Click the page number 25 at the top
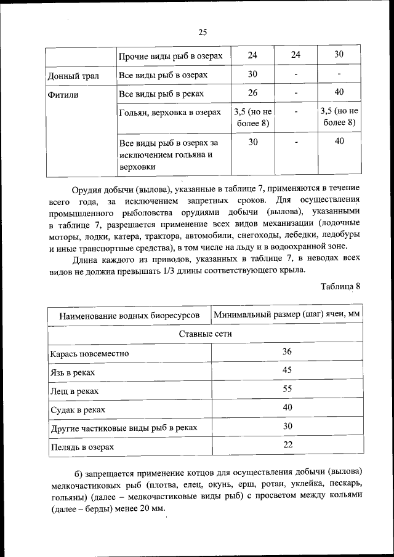tap(203, 33)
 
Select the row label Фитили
tap(65, 95)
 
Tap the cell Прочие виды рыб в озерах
tap(170, 55)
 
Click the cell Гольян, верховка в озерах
tap(169, 113)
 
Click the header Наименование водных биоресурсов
tap(129, 316)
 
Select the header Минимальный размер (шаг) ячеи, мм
tap(286, 315)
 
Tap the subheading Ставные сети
tap(205, 334)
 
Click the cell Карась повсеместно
tap(89, 354)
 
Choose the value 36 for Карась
tap(287, 351)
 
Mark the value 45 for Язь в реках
tap(287, 371)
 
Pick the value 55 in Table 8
tap(287, 389)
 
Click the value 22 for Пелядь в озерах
tap(287, 444)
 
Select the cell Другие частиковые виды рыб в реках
tap(123, 428)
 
